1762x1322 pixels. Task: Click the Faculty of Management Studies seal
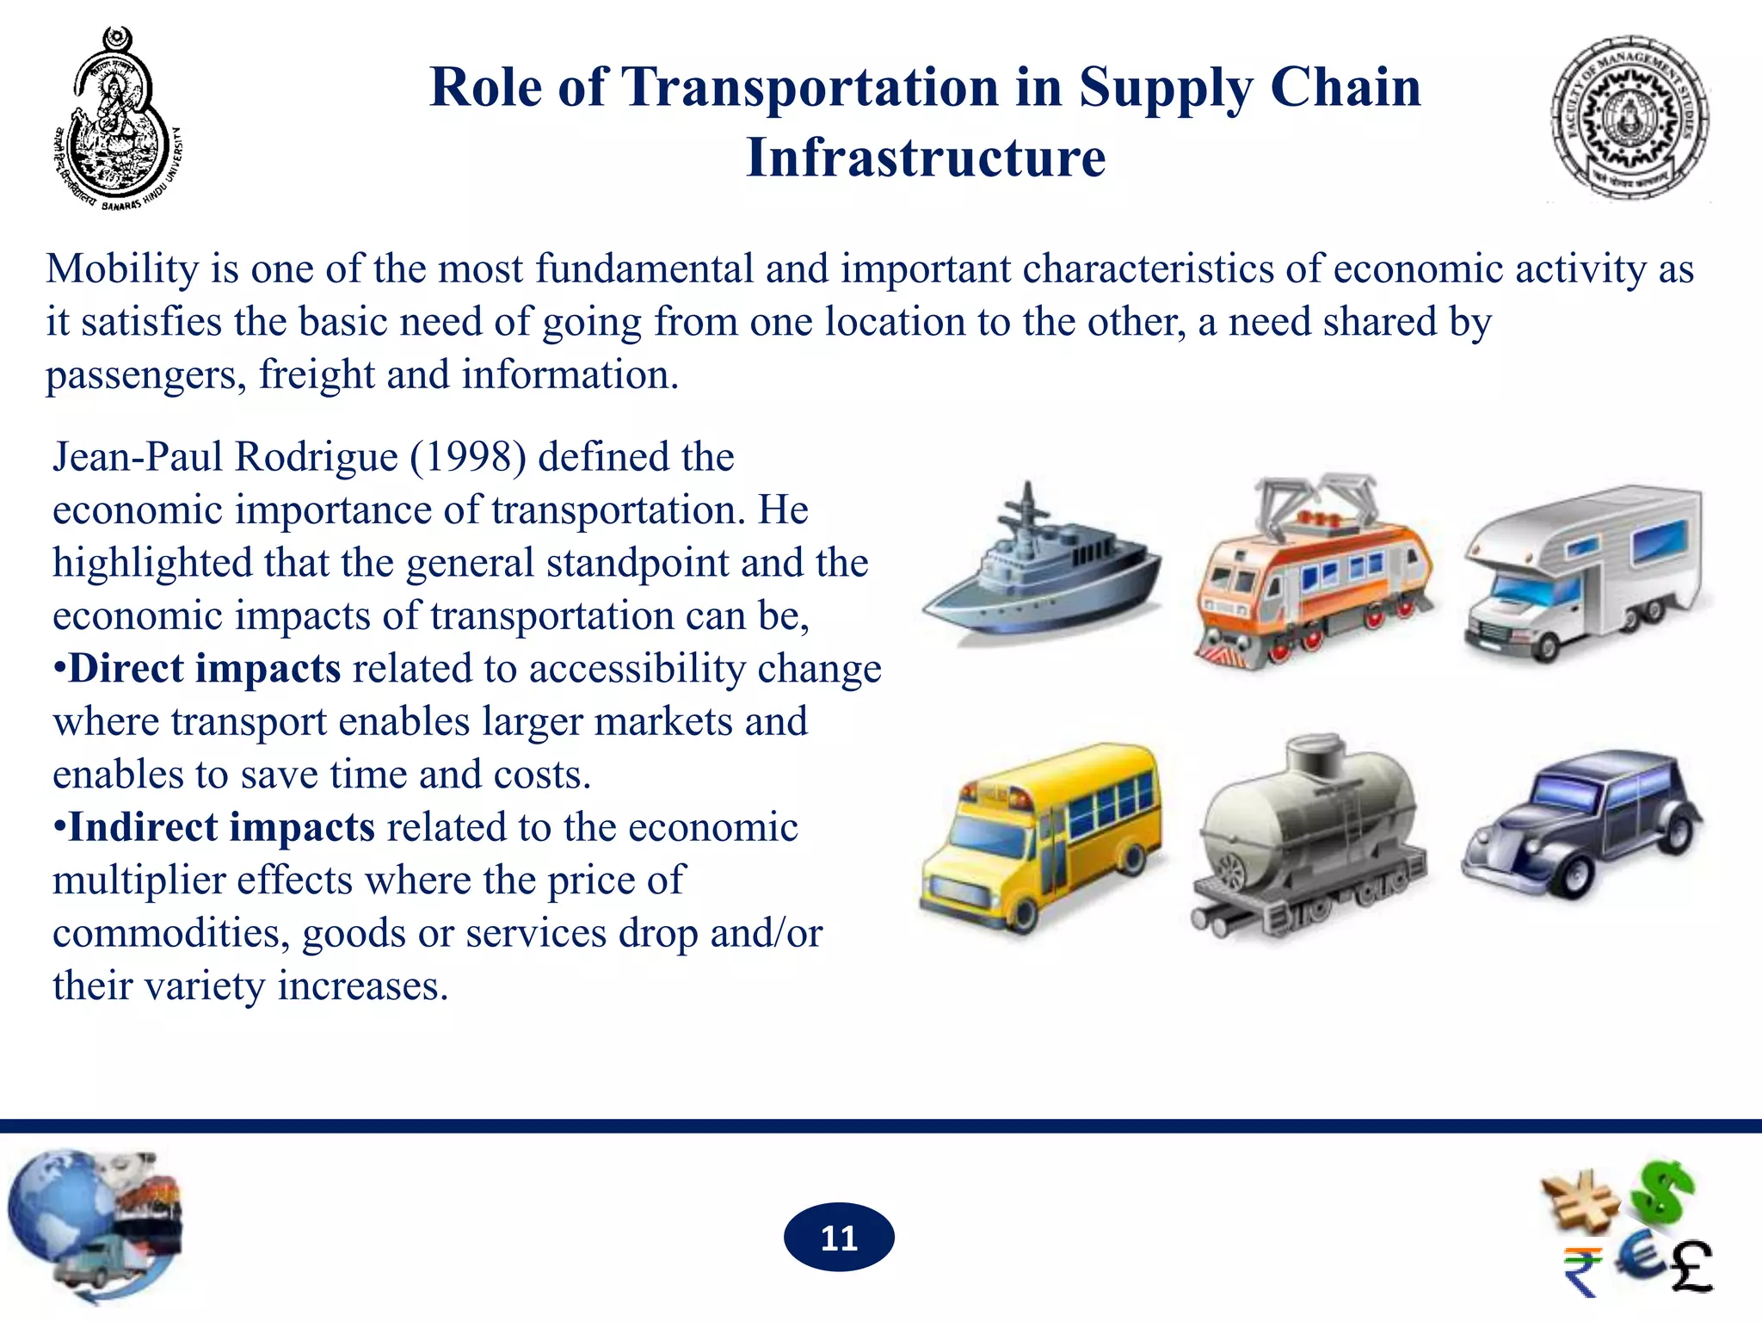[x=1630, y=119]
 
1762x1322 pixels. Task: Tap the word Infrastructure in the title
[x=926, y=158]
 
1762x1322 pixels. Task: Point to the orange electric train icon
[x=1312, y=572]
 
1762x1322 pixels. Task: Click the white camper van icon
[x=1583, y=572]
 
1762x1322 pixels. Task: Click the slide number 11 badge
[x=839, y=1238]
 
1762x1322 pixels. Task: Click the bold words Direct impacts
[x=205, y=669]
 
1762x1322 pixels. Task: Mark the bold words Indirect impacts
[x=221, y=827]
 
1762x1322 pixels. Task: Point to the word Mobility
[x=122, y=269]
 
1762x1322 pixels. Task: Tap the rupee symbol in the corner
[x=1582, y=1270]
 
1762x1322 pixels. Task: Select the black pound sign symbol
[x=1691, y=1267]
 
